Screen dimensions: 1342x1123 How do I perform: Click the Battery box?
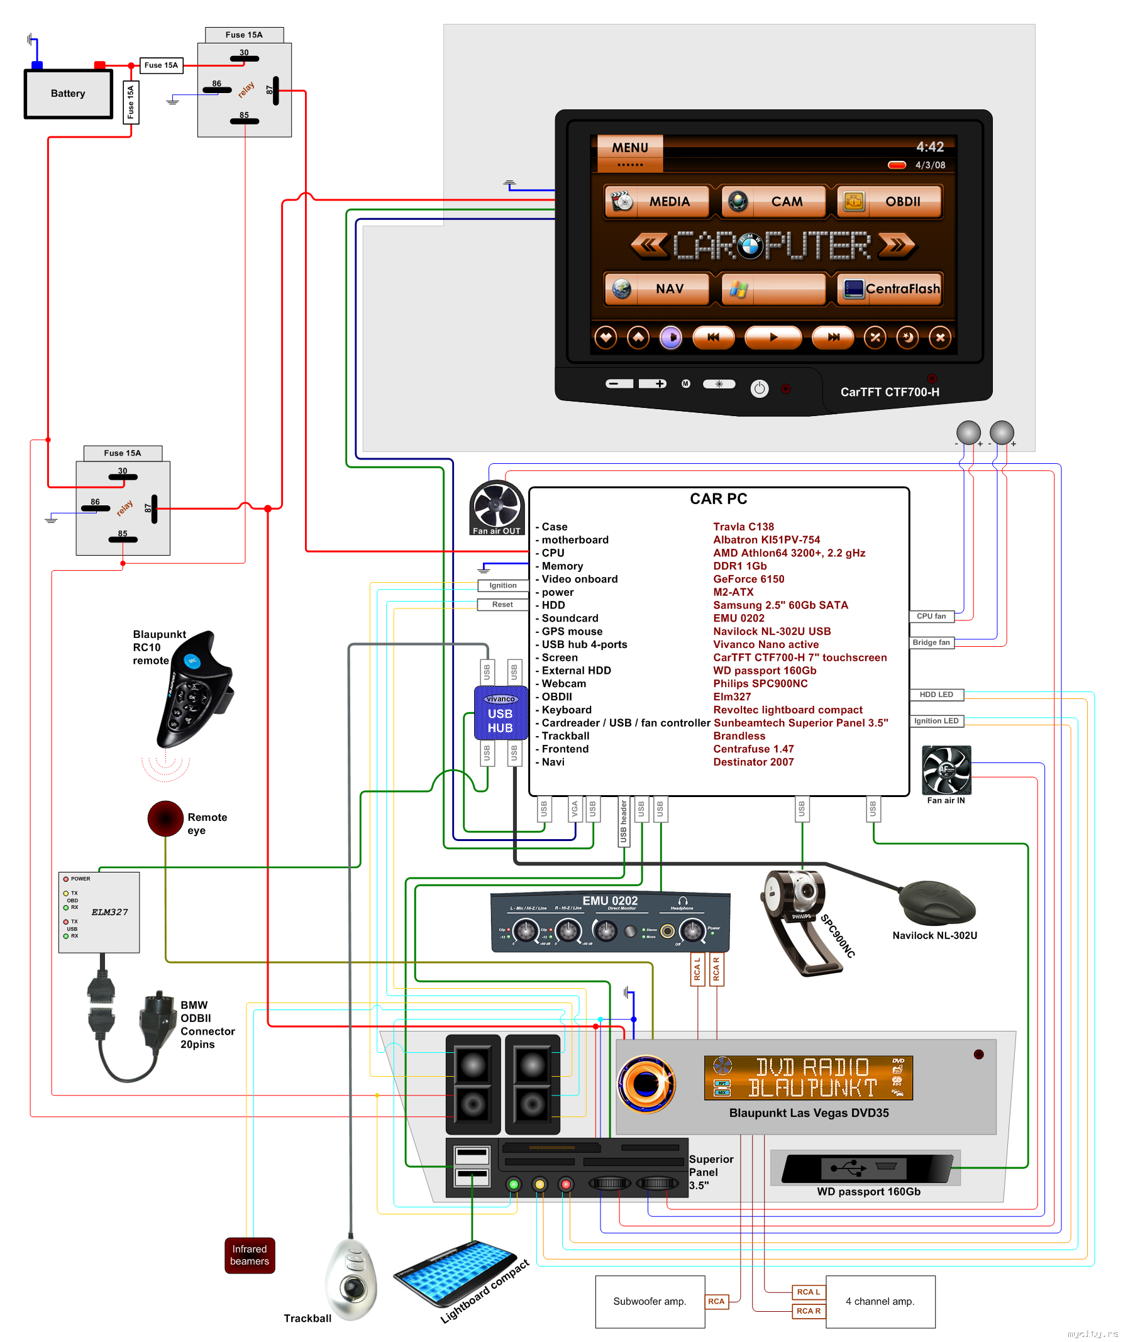click(69, 93)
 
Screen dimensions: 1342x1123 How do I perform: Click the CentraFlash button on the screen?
click(889, 289)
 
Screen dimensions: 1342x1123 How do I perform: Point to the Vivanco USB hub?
click(501, 713)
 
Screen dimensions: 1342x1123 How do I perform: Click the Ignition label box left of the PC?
click(503, 585)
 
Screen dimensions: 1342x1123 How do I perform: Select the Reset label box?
click(502, 605)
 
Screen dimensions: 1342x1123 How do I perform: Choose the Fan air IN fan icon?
click(946, 770)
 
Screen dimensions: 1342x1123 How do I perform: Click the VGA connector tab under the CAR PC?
click(575, 809)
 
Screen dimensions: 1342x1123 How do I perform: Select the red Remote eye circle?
click(165, 818)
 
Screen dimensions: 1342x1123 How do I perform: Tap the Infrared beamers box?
click(249, 1255)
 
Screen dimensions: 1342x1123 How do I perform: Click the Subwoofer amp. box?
click(650, 1302)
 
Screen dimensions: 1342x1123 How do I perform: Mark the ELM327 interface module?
click(99, 912)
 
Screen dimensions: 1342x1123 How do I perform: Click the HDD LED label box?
click(936, 695)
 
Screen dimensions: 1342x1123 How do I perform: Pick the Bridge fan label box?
click(931, 642)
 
